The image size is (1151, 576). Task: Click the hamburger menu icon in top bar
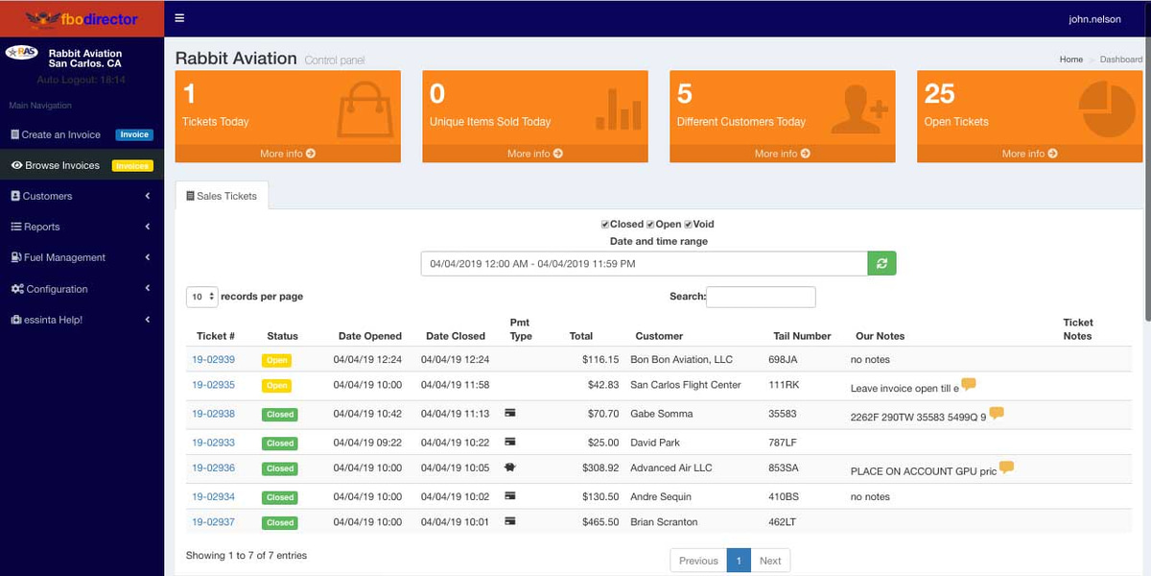point(179,18)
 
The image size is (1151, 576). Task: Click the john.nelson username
point(1094,19)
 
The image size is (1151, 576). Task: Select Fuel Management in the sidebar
point(64,257)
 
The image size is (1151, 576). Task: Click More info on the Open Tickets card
point(1029,154)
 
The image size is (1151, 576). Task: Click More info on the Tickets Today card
point(288,154)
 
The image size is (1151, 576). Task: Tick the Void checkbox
point(689,225)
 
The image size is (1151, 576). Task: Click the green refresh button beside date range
point(881,263)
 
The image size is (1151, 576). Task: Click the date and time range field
point(644,263)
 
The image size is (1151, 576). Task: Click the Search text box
point(761,297)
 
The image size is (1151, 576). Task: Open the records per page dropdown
point(202,297)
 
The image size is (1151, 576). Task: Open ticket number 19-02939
point(213,360)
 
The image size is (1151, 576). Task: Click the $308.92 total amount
point(600,468)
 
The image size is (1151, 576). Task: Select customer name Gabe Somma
point(661,414)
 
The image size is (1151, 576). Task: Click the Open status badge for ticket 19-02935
point(277,386)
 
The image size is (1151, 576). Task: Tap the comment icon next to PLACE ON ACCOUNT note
point(1006,468)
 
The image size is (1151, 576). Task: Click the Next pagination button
point(770,561)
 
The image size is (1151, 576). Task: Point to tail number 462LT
point(781,522)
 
